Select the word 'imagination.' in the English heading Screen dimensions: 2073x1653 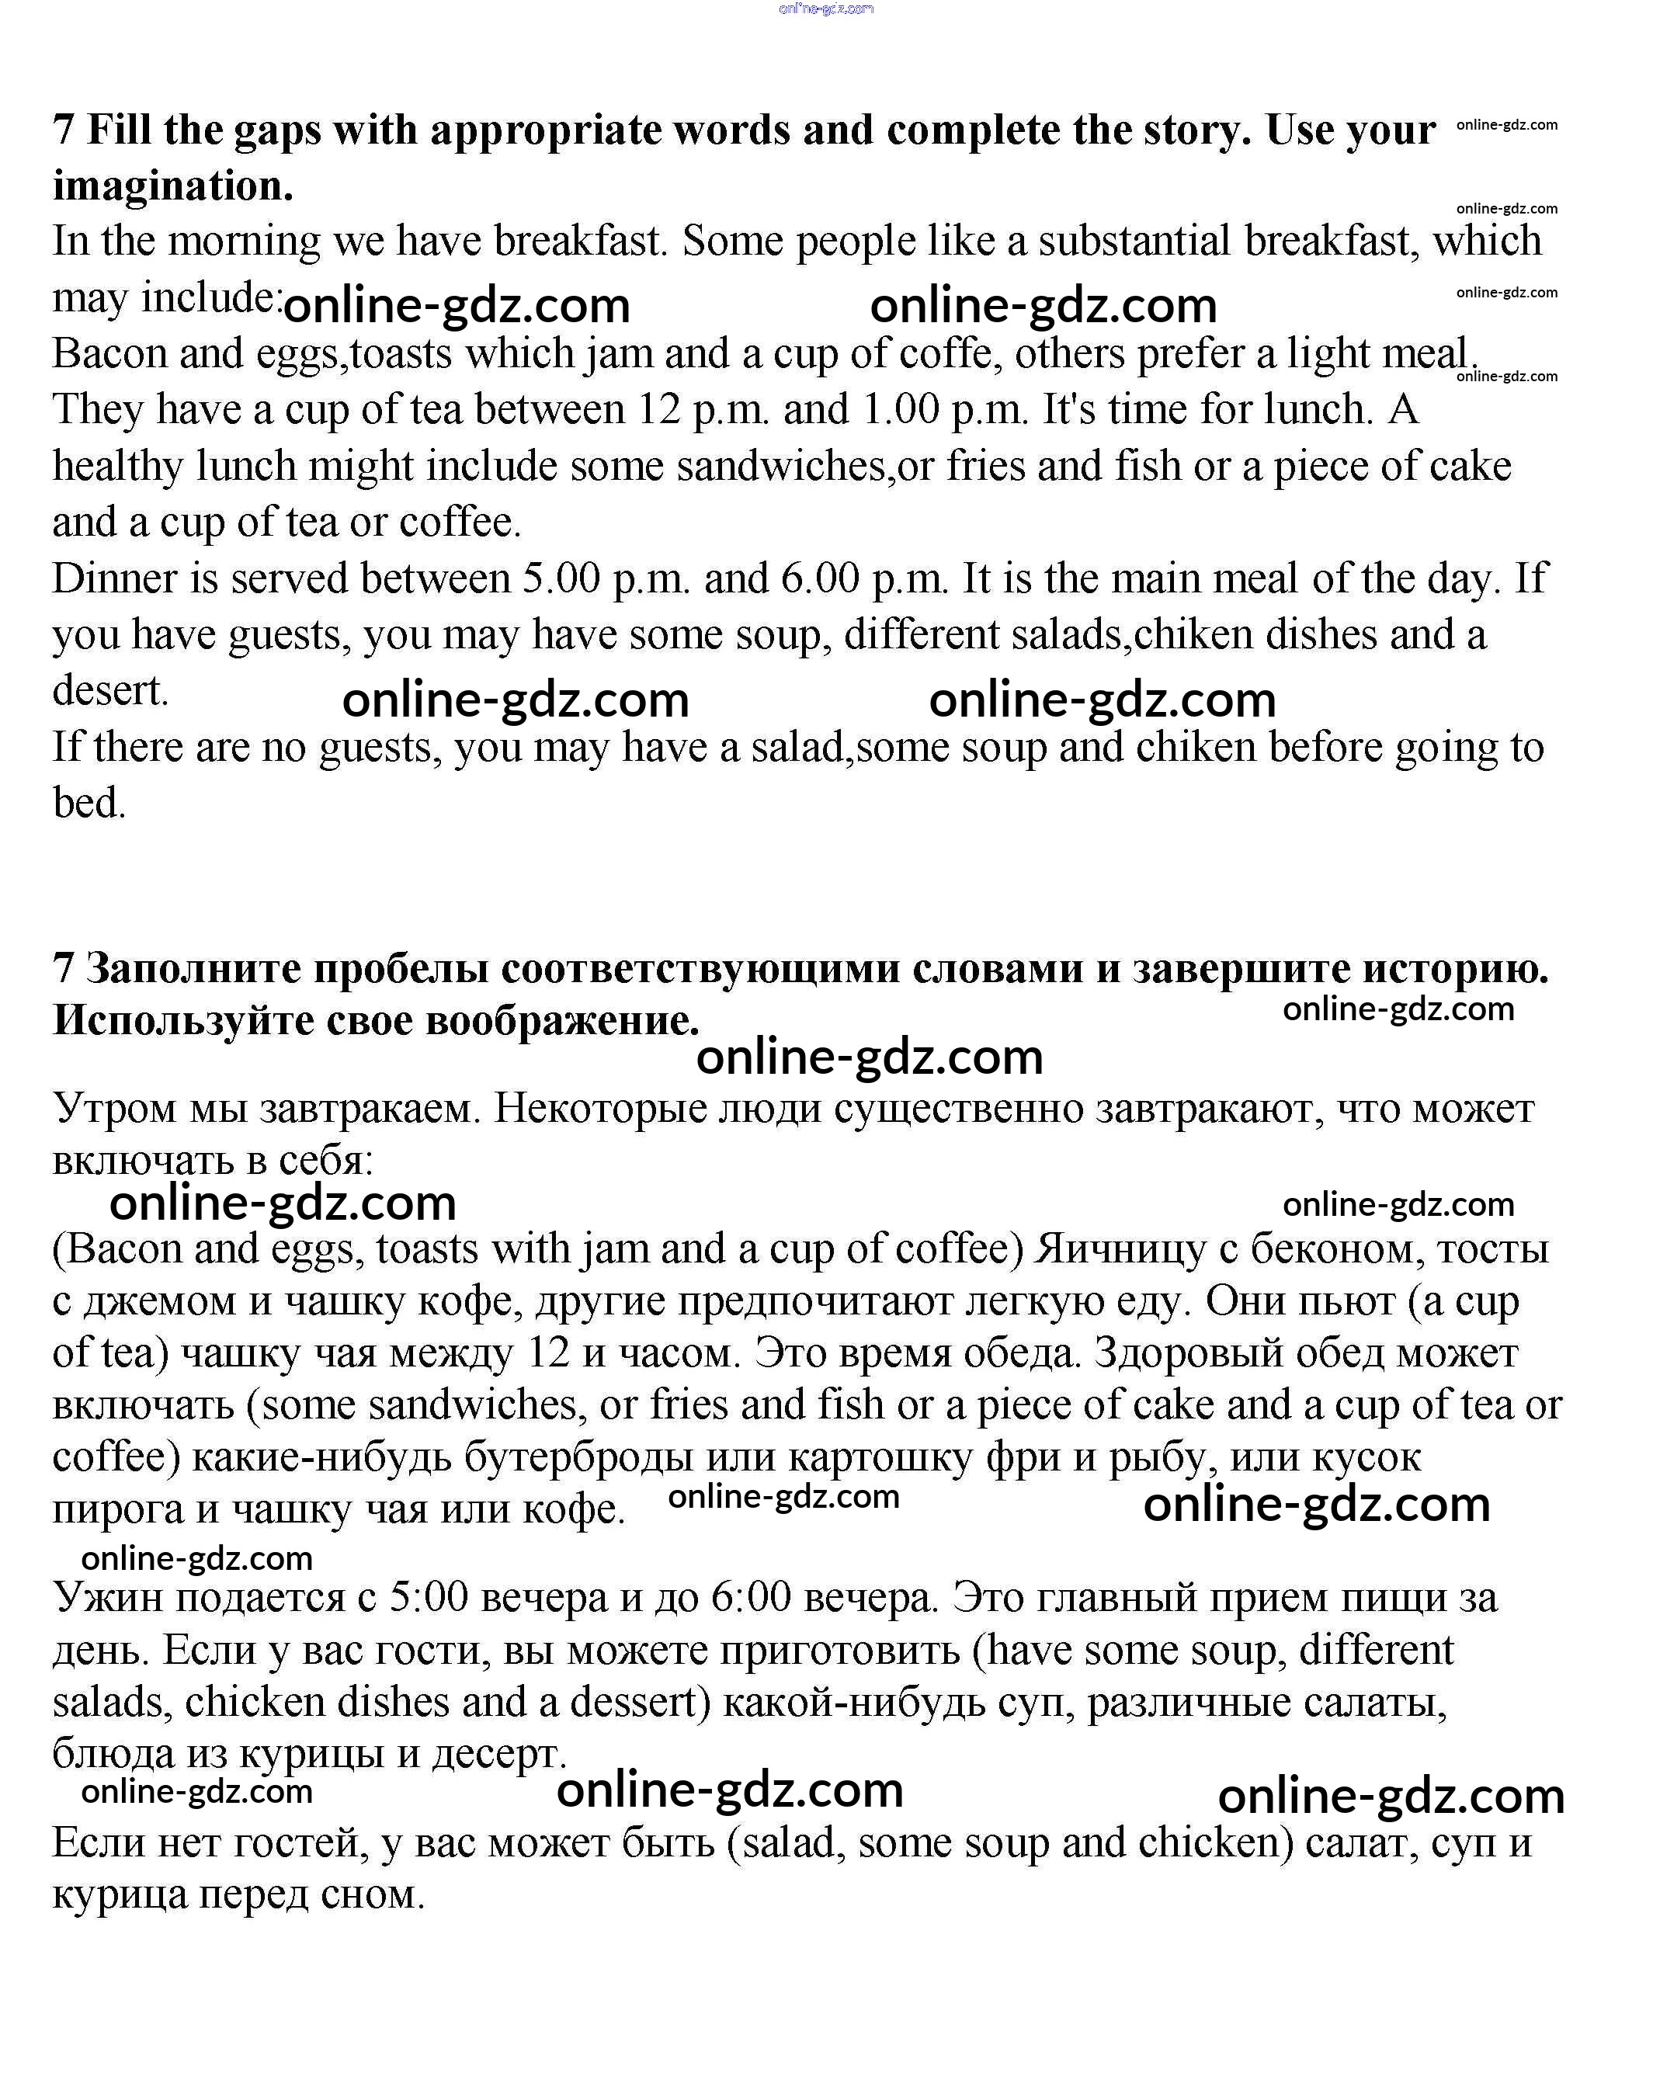[x=173, y=186]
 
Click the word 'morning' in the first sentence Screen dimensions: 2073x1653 [x=245, y=241]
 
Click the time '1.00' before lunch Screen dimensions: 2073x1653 [x=900, y=410]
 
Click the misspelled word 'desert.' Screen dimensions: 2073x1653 [x=109, y=690]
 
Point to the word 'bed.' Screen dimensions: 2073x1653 [x=89, y=803]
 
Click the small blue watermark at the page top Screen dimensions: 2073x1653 [x=826, y=9]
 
